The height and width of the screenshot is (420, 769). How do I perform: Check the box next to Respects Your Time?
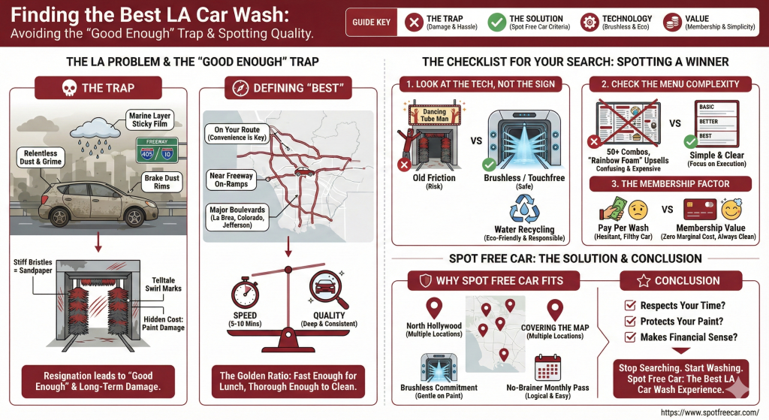click(x=630, y=306)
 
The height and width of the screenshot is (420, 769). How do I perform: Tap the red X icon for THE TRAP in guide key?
click(x=412, y=23)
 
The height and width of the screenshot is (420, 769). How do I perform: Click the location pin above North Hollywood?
click(x=433, y=308)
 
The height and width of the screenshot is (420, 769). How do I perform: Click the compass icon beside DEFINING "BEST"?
click(x=238, y=88)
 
